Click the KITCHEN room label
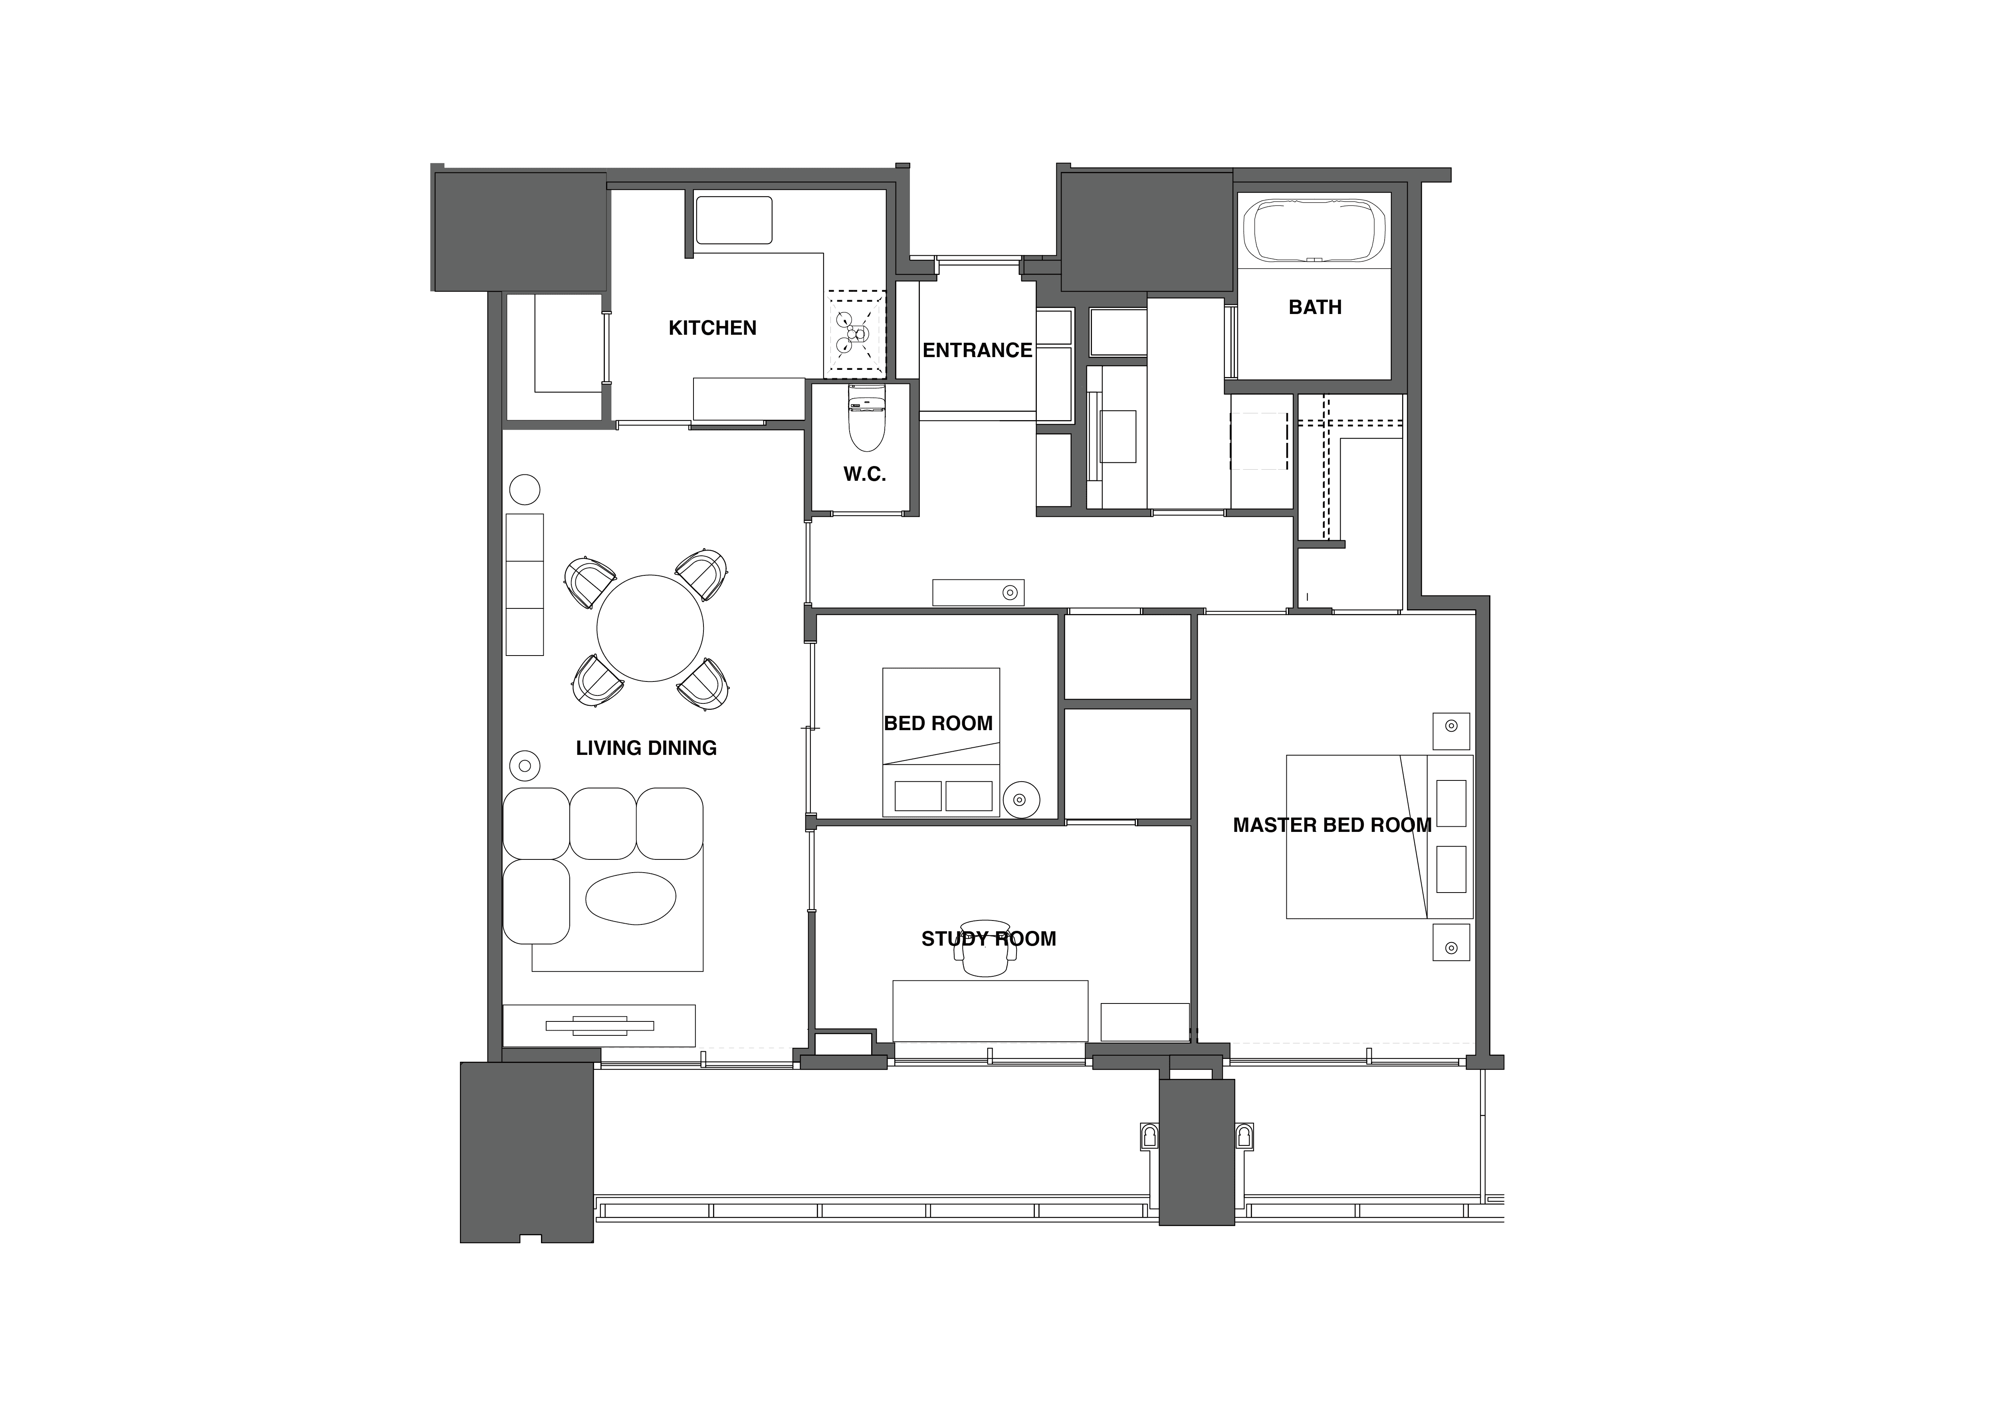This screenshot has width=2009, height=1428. tap(713, 328)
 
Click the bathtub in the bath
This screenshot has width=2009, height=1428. tap(1315, 230)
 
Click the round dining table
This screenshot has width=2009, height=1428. tap(650, 628)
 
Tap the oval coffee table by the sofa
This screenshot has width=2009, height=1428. tap(631, 899)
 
